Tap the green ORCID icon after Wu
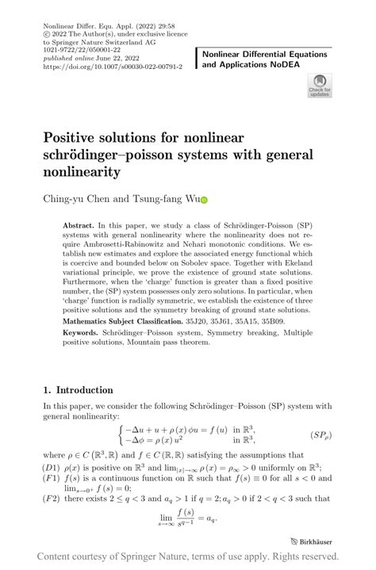pos(201,201)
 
